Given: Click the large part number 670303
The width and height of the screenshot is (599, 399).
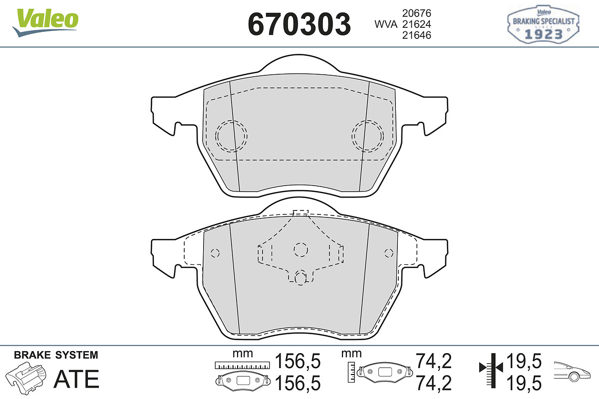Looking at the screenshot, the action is click(x=299, y=24).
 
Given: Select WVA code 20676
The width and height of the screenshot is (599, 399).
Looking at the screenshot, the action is click(x=417, y=13).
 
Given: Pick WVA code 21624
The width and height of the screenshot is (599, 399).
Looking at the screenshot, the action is click(x=417, y=24).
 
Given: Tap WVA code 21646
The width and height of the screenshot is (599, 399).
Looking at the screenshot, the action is click(x=417, y=35).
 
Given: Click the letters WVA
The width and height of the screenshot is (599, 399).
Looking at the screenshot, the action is click(x=386, y=24).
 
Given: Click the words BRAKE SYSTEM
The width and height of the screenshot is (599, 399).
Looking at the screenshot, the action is click(x=56, y=355).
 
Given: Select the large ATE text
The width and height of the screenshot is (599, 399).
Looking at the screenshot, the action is click(x=76, y=379).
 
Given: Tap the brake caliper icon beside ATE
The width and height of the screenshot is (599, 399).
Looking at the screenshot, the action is click(x=25, y=378).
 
